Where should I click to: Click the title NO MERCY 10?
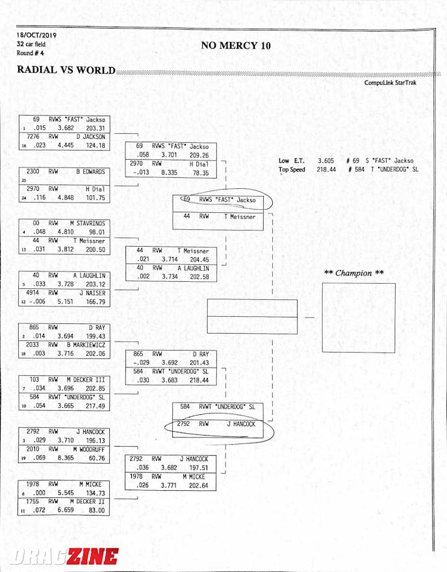click(236, 45)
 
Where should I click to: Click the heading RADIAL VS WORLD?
click(66, 69)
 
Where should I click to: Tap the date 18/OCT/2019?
click(36, 36)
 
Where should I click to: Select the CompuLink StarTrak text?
click(390, 82)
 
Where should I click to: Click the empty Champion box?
click(359, 317)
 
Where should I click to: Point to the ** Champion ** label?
click(354, 273)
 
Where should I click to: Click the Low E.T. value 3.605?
click(326, 160)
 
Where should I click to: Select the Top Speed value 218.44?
click(326, 169)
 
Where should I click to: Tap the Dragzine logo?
click(64, 556)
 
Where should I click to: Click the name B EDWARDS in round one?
click(90, 171)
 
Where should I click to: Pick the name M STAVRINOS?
click(87, 223)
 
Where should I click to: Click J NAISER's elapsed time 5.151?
click(66, 302)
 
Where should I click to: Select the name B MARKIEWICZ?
click(86, 345)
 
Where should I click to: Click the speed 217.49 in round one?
click(96, 406)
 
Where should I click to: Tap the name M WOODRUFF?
click(89, 449)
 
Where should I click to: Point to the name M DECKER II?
click(87, 502)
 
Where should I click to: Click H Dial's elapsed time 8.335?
click(170, 173)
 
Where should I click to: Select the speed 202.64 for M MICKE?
click(199, 486)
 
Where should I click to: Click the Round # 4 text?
click(31, 53)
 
